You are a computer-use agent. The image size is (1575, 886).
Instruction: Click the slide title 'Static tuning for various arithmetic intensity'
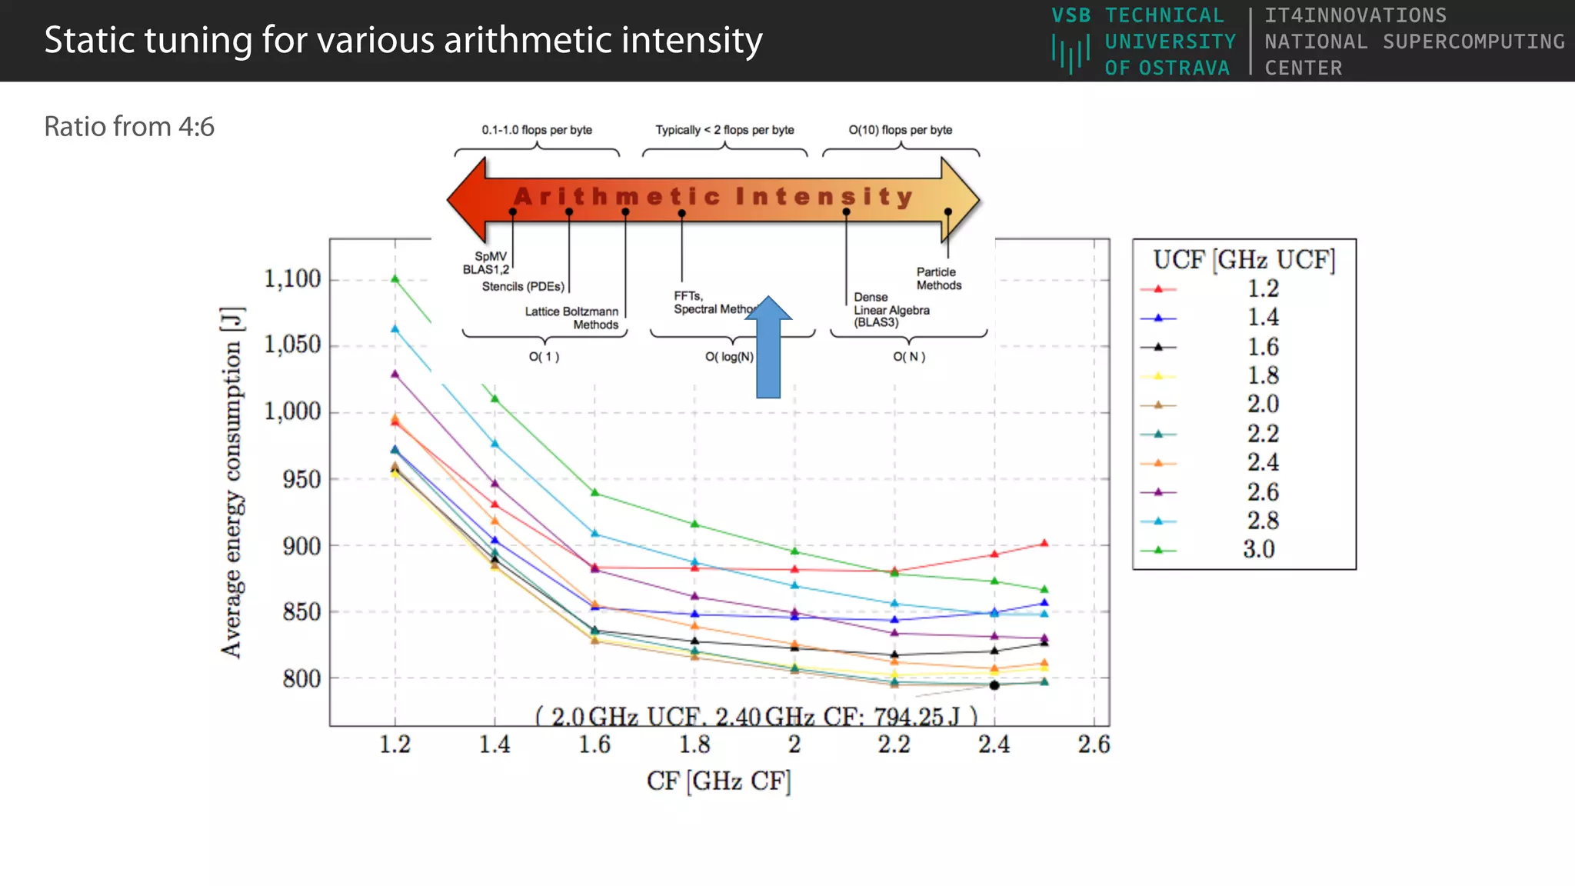tap(403, 41)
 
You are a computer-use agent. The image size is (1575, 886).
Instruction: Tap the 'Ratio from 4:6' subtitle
tap(129, 127)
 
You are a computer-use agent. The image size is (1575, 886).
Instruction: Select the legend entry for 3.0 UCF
tap(1258, 550)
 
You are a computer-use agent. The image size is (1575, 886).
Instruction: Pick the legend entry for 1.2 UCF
tap(1262, 289)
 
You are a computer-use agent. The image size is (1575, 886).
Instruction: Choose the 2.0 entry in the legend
tap(1262, 405)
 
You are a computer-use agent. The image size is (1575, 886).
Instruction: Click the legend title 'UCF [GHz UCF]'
tap(1244, 261)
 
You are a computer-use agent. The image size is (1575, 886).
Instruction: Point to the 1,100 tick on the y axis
tap(292, 279)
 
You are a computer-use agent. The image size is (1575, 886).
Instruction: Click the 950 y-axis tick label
tap(301, 480)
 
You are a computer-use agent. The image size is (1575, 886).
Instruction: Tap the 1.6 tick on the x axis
tap(594, 744)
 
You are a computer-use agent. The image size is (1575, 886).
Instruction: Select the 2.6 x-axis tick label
tap(1094, 744)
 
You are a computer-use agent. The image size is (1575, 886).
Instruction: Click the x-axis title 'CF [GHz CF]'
tap(718, 781)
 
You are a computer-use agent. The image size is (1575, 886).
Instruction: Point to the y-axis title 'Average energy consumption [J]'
tap(232, 482)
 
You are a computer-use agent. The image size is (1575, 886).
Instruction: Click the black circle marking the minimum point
tap(994, 684)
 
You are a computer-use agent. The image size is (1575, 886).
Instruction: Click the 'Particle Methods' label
tap(938, 278)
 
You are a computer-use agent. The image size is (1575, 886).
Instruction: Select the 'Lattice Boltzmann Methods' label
tap(572, 318)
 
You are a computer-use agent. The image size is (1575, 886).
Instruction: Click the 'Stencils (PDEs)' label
tap(523, 287)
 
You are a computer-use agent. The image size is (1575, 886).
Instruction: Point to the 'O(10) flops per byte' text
tap(900, 130)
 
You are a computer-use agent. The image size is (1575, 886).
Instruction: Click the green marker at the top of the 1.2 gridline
tap(395, 278)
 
